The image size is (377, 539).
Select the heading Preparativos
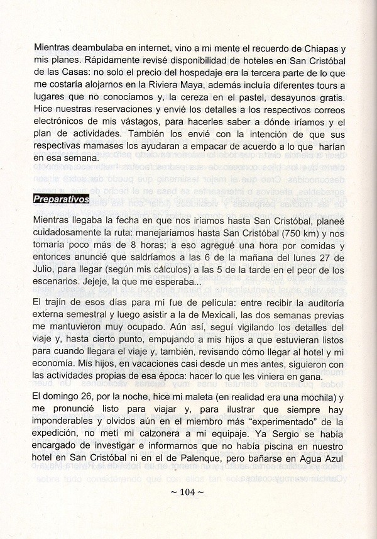tap(61, 197)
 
